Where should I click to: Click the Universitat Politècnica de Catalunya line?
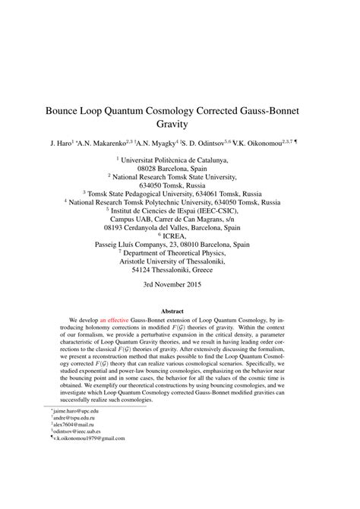click(x=181, y=161)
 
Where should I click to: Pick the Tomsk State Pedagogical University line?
click(x=179, y=193)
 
